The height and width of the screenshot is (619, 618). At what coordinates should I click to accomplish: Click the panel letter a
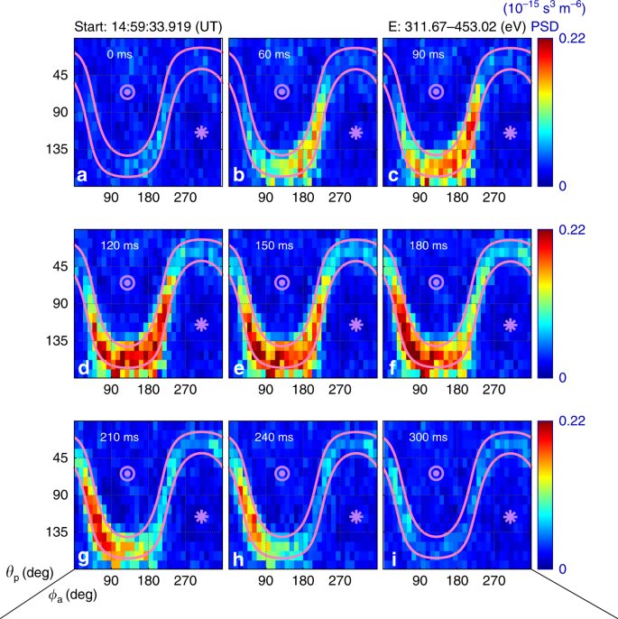(82, 176)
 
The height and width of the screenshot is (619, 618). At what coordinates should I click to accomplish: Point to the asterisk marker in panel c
(511, 132)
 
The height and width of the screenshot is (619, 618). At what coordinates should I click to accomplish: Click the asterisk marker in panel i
(511, 516)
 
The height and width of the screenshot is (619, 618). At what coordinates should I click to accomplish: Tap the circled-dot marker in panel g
(128, 473)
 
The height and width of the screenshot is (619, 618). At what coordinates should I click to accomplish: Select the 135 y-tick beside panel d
(56, 341)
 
